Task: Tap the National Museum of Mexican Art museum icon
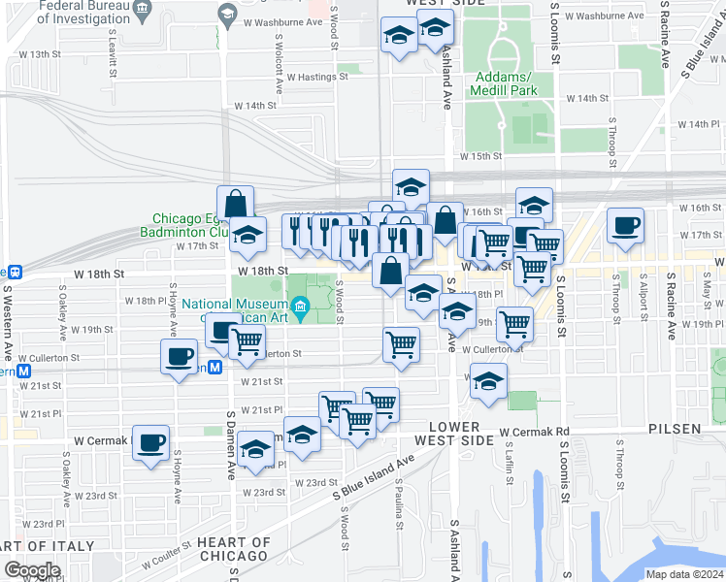[x=301, y=308]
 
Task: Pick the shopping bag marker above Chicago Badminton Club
[x=235, y=203]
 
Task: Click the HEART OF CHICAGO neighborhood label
[x=233, y=549]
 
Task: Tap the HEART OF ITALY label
[x=26, y=549]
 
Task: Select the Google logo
[x=32, y=570]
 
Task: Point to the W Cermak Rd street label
[x=534, y=431]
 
